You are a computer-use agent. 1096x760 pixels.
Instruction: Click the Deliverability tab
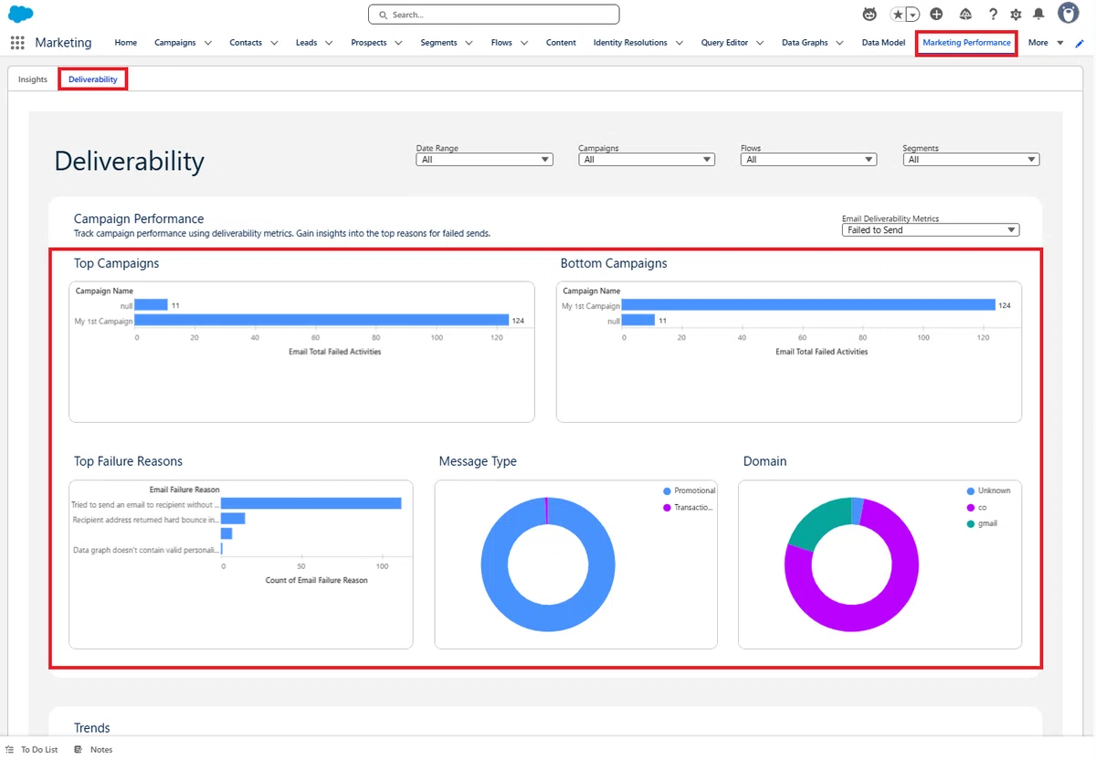tap(93, 79)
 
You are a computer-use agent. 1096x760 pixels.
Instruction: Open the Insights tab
tap(33, 79)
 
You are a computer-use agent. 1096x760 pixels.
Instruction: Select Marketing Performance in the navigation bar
tap(966, 43)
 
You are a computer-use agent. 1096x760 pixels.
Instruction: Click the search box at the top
tap(494, 15)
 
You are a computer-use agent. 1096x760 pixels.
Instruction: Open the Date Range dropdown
tap(484, 160)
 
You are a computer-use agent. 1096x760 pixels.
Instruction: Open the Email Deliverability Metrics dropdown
tap(930, 230)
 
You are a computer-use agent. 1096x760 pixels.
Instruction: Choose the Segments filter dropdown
tap(971, 160)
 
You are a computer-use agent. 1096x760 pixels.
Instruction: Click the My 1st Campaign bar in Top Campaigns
tap(321, 321)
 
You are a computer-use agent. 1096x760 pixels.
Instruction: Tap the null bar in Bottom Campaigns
tap(638, 321)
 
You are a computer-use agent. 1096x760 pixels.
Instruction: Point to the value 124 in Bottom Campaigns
tap(1005, 305)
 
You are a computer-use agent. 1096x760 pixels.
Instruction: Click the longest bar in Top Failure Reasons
tap(311, 503)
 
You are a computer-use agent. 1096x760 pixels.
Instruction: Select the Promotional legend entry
tap(690, 491)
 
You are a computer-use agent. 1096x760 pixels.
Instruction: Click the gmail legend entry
tap(982, 523)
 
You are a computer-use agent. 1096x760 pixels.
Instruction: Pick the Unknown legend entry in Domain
tap(988, 491)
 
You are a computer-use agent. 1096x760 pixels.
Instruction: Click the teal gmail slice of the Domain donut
tap(817, 522)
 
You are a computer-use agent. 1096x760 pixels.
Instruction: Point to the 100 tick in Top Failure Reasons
tap(382, 566)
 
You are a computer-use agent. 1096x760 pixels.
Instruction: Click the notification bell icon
tap(1038, 15)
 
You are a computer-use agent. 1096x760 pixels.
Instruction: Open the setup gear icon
tap(1016, 15)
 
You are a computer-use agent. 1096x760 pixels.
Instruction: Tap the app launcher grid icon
tap(17, 43)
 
